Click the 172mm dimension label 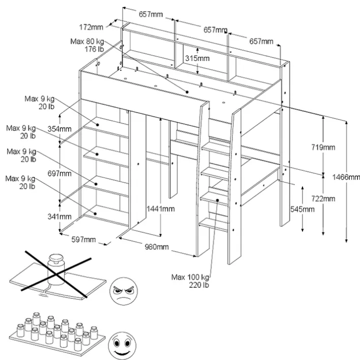(92, 26)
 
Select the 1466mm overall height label (348, 177)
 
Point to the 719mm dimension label (323, 147)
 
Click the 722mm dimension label (323, 198)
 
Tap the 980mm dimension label (156, 247)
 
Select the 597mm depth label (83, 239)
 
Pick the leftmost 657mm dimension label (151, 14)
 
